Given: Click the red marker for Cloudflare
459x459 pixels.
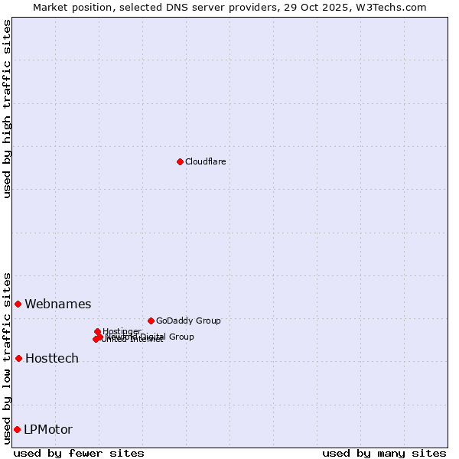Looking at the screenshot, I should tap(180, 161).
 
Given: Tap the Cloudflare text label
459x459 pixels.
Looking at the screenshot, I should tap(205, 161).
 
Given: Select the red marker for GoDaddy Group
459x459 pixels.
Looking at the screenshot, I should tap(151, 321).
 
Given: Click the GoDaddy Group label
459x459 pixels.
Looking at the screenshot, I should tap(188, 321).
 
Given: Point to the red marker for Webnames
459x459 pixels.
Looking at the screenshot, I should tap(18, 304).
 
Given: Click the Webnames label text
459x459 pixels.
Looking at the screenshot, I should tap(58, 304).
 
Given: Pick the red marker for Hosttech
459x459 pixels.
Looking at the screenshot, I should tap(18, 358).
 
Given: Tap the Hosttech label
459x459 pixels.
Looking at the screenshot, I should tap(52, 359).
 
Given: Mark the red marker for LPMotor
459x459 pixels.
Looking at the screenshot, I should tap(17, 429).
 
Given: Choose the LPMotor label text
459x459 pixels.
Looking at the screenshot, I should tap(48, 430).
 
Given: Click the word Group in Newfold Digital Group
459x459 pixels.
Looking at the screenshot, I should tap(181, 337).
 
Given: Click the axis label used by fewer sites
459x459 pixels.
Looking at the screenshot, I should tap(79, 454).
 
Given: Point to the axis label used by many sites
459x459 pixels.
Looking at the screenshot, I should tap(384, 454).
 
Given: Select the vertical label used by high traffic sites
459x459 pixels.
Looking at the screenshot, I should tap(7, 109).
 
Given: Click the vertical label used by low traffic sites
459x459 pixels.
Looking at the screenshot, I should tap(7, 357).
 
